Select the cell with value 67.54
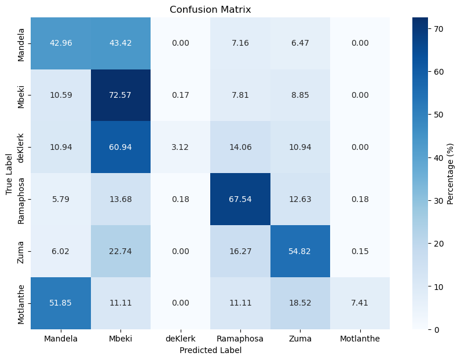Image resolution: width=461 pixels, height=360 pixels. coord(240,200)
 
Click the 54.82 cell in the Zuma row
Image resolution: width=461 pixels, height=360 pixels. coord(300,252)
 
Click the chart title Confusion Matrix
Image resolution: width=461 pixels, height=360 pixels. coord(210,9)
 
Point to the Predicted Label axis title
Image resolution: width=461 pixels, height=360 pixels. coord(210,350)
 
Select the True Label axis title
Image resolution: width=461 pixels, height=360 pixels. coord(10,174)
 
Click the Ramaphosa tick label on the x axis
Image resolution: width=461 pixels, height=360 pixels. coord(240,339)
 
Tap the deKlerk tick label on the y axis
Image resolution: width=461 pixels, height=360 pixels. coord(22,148)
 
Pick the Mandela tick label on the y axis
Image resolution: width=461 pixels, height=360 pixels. coord(22,43)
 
